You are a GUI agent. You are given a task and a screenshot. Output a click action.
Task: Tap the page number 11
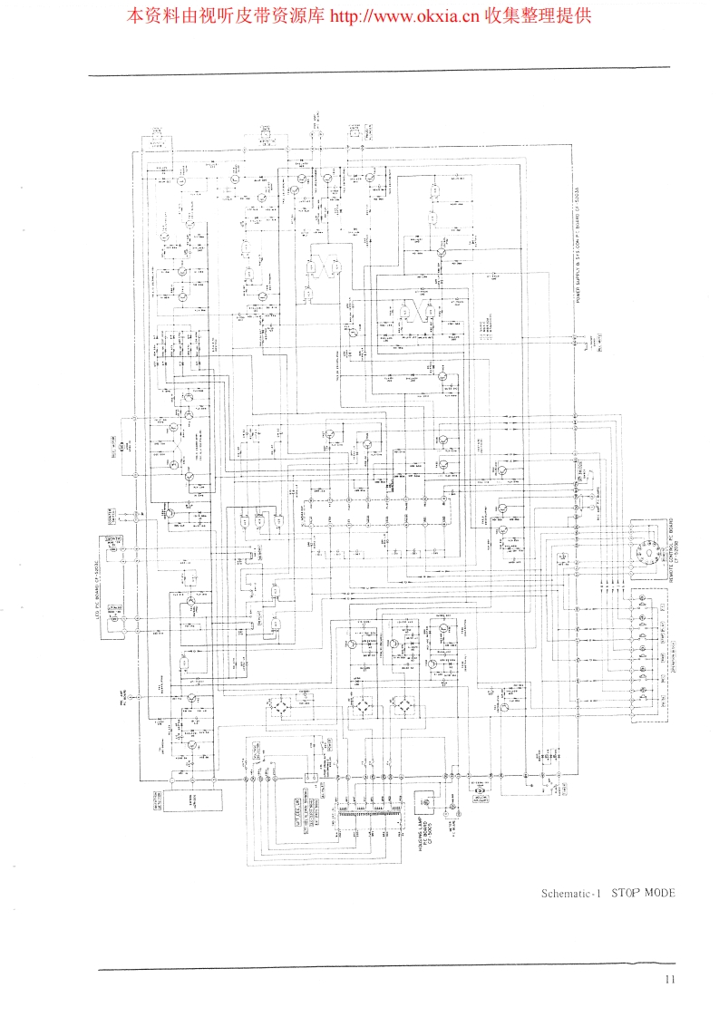tap(670, 979)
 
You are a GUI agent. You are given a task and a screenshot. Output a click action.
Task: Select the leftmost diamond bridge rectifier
tap(286, 704)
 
